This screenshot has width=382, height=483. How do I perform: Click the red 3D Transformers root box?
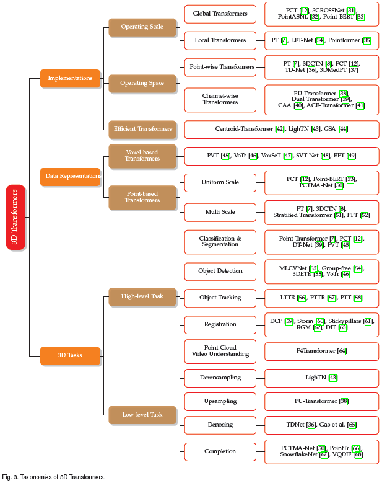point(15,217)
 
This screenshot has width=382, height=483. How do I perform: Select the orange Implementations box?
point(70,78)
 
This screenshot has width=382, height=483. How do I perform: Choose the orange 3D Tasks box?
point(70,355)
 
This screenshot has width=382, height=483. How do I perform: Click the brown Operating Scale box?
point(142,27)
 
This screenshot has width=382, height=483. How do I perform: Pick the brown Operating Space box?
point(142,82)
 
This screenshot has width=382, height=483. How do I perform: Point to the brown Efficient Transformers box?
point(142,129)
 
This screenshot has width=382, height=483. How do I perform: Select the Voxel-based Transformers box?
point(142,155)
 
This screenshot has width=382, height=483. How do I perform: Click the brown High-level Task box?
point(142,296)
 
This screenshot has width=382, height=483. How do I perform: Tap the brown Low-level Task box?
point(142,414)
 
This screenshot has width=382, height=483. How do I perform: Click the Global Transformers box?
point(220,13)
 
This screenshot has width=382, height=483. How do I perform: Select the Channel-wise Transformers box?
point(220,99)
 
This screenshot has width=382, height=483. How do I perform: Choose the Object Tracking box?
point(220,298)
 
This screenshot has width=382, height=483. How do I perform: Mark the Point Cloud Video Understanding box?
point(220,351)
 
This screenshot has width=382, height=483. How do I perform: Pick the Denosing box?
point(220,425)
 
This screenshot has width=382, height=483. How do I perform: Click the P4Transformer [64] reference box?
point(321,351)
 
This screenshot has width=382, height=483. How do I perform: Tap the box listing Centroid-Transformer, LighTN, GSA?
point(281,129)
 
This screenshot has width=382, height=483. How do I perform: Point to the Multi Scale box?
point(220,212)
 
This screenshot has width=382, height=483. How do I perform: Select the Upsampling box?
point(220,401)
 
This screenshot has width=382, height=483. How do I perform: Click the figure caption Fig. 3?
point(53,477)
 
